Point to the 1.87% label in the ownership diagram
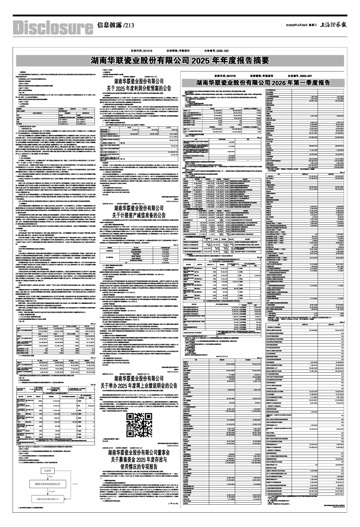pyautogui.click(x=75, y=484)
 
